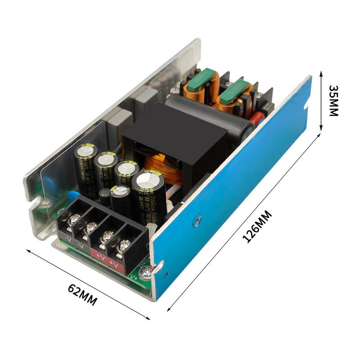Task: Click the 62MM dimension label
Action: coord(82,295)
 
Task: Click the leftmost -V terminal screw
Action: coord(75,220)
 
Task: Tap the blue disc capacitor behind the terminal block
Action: coord(72,196)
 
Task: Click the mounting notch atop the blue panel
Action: coord(306,107)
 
